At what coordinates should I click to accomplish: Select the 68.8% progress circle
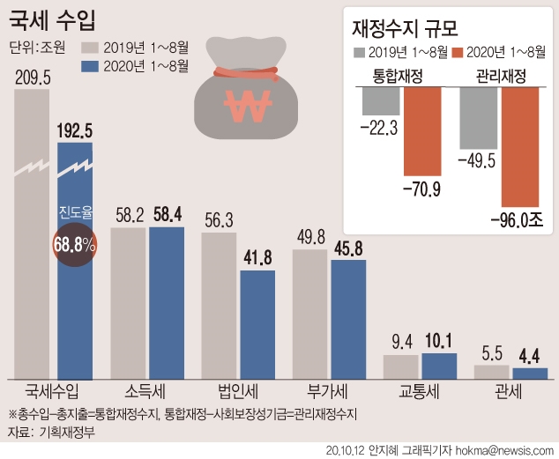click(74, 246)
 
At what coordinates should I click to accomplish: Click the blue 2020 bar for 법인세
click(257, 323)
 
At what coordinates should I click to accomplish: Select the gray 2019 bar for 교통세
click(400, 366)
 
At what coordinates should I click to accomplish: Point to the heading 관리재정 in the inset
click(500, 77)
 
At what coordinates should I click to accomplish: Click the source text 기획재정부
click(66, 432)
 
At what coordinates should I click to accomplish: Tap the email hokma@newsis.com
click(503, 449)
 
